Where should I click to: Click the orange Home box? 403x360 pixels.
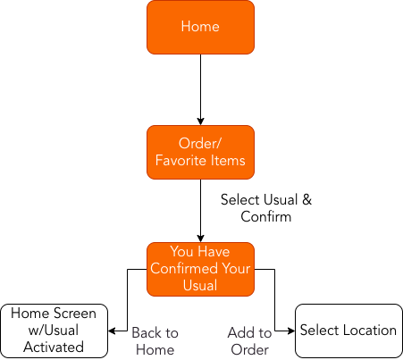pyautogui.click(x=200, y=27)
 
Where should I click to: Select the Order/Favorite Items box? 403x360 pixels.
pyautogui.click(x=200, y=152)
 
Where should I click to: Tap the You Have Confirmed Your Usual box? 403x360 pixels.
pyautogui.click(x=200, y=269)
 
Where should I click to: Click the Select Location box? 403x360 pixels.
pyautogui.click(x=348, y=331)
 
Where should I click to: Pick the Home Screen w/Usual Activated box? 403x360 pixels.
pyautogui.click(x=54, y=331)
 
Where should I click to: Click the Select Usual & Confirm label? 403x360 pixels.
pyautogui.click(x=266, y=208)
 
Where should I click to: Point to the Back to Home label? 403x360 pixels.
pyautogui.click(x=155, y=341)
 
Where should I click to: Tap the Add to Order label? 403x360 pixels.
pyautogui.click(x=249, y=341)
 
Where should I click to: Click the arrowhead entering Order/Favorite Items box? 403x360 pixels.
pyautogui.click(x=200, y=121)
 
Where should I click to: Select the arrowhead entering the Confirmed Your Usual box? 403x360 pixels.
pyautogui.click(x=200, y=239)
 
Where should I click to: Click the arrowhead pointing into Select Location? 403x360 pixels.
pyautogui.click(x=291, y=331)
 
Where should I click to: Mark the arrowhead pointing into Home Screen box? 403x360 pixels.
pyautogui.click(x=112, y=331)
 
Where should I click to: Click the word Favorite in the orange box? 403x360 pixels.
pyautogui.click(x=181, y=161)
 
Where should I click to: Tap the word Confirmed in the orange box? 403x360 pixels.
pyautogui.click(x=184, y=268)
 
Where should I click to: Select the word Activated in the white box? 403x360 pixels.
pyautogui.click(x=54, y=347)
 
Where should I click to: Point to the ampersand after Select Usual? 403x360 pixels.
pyautogui.click(x=306, y=199)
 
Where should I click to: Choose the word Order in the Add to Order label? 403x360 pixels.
pyautogui.click(x=249, y=349)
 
